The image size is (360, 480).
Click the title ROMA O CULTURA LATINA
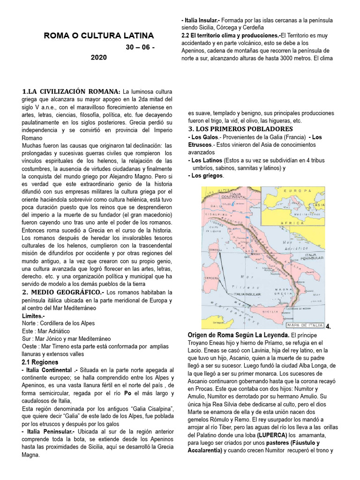[98, 36]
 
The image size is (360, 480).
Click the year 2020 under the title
[98, 57]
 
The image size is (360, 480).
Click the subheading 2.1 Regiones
[40, 362]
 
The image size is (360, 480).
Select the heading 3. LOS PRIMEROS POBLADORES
[240, 129]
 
